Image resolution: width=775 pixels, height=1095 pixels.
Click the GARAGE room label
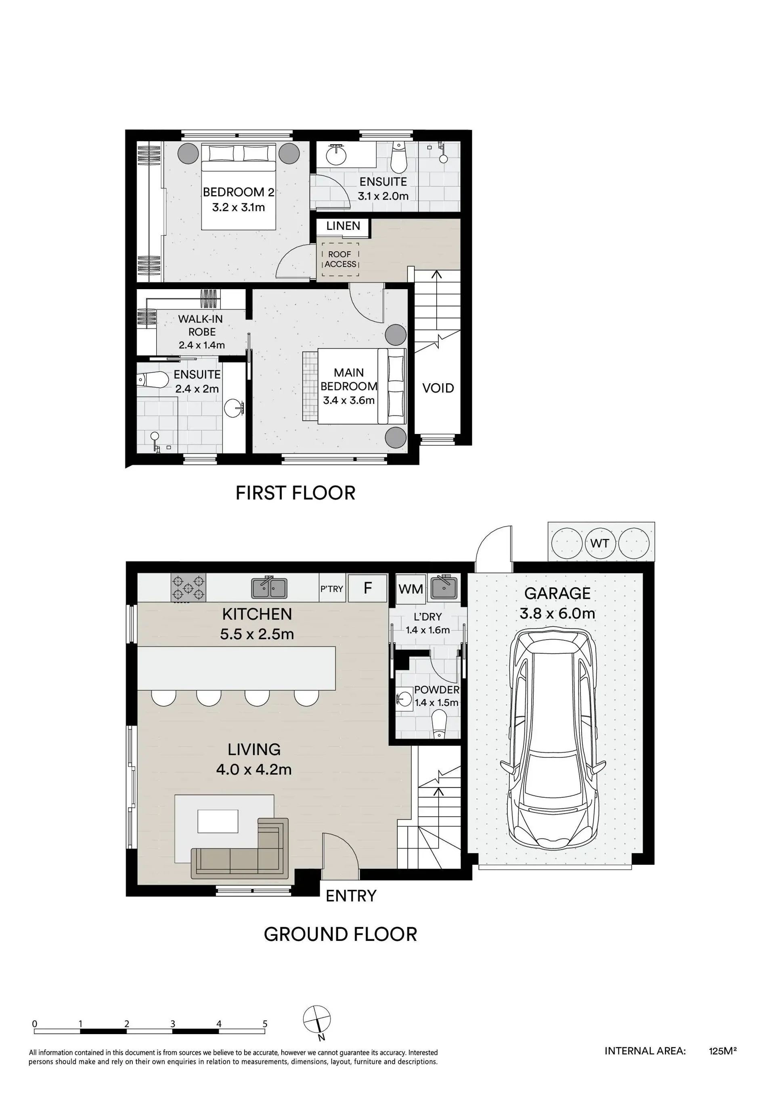(x=557, y=593)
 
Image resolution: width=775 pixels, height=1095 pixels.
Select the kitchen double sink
(x=269, y=587)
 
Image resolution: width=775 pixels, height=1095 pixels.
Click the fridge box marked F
(x=367, y=588)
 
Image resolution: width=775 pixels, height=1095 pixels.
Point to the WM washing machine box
(x=411, y=589)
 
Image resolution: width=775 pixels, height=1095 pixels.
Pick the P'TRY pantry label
(x=332, y=589)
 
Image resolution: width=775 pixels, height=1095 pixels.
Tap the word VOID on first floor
(x=438, y=388)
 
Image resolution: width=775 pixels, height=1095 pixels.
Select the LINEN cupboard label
(x=343, y=226)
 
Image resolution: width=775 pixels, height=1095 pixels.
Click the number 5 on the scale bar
(x=265, y=1024)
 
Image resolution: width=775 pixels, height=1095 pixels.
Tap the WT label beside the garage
(x=599, y=543)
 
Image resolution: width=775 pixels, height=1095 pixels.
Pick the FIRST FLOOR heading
(x=295, y=493)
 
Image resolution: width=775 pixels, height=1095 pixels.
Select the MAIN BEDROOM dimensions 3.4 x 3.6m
(x=349, y=400)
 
